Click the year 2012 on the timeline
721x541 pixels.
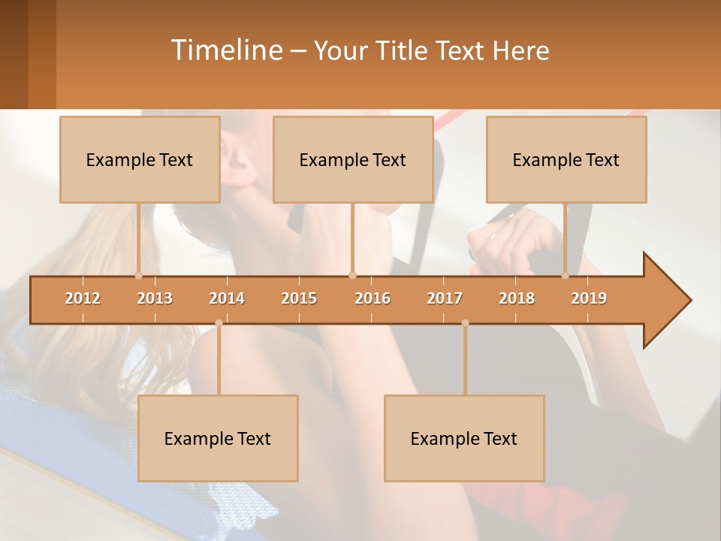83,298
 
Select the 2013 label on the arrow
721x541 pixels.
155,298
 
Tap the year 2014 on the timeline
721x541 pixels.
227,298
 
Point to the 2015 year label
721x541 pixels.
299,298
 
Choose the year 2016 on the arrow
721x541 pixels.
373,298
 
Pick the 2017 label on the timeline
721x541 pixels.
445,298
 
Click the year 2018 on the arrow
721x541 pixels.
517,298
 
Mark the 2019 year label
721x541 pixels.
589,298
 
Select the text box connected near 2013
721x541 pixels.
140,159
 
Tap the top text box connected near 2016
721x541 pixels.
353,159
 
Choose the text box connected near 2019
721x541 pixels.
566,159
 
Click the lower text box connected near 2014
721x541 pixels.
218,438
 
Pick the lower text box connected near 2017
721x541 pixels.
464,438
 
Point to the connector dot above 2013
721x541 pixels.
138,275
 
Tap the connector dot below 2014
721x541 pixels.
219,323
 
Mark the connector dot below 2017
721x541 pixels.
465,323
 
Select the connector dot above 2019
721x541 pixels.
566,275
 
